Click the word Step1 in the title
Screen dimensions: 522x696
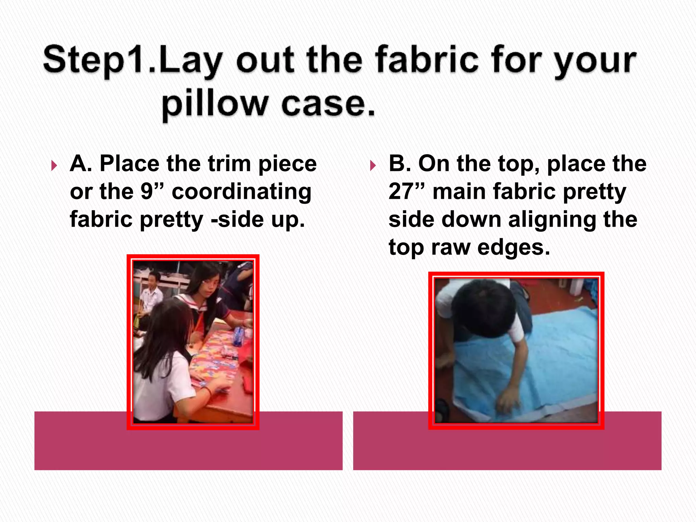[92, 60]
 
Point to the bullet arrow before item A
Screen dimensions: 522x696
[54, 166]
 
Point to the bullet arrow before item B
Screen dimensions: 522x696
[373, 166]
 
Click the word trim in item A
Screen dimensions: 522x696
[230, 164]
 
